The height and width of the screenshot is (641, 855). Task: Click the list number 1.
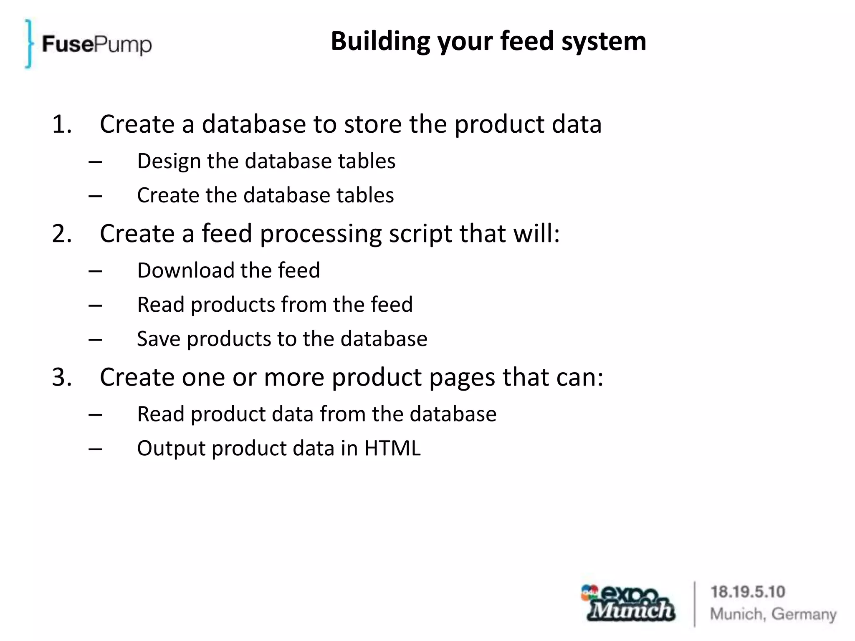tap(62, 124)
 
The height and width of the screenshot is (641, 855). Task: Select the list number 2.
tap(62, 233)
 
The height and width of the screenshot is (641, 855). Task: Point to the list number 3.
tap(62, 377)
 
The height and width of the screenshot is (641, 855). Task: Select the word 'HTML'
tap(392, 448)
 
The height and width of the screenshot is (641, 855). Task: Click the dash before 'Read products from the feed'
tap(95, 305)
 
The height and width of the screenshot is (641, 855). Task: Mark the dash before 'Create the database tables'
tap(95, 196)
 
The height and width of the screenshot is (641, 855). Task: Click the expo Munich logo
tap(628, 603)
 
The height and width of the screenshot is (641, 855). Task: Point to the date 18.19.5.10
tap(747, 592)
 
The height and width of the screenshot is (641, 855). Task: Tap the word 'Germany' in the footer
tap(804, 614)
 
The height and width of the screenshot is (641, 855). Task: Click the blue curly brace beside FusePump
tap(28, 43)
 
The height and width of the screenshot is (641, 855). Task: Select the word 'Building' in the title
tap(380, 41)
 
